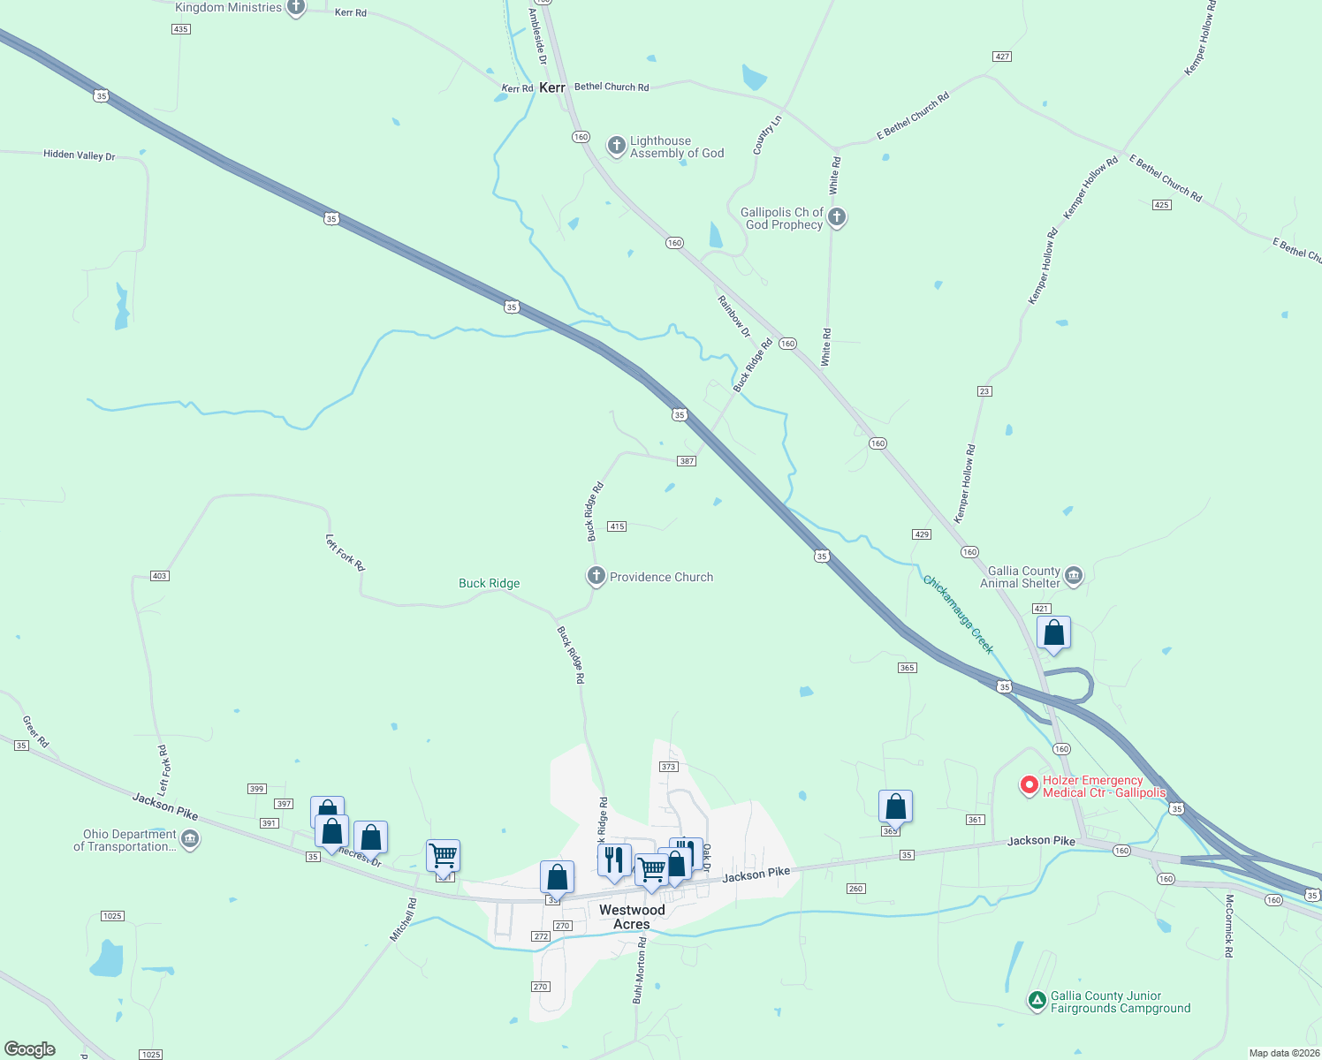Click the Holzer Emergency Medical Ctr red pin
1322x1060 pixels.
point(1029,784)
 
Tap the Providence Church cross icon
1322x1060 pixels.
point(596,576)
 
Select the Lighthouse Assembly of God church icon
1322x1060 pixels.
point(617,145)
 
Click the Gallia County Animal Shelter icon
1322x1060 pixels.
point(1074,576)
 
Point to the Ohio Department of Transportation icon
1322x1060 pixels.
point(190,838)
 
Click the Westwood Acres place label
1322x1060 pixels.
point(632,917)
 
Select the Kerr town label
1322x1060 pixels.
point(552,87)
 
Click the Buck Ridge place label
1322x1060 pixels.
point(490,583)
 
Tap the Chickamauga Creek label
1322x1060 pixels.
point(959,614)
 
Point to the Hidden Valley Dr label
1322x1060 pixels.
point(80,155)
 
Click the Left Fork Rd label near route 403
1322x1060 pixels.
point(345,553)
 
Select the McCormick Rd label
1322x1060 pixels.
point(1228,926)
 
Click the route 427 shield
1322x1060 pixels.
point(1002,57)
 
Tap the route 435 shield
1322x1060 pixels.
point(181,29)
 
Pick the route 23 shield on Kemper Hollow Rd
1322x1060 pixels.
point(984,391)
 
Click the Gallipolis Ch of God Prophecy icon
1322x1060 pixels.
point(837,216)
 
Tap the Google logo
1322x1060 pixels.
point(30,1049)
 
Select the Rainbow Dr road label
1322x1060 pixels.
point(734,316)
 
